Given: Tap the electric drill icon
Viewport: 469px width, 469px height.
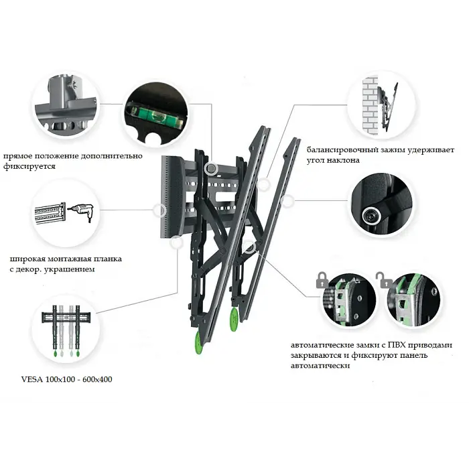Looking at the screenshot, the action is (81, 211).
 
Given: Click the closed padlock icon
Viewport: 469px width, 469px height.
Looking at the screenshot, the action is (322, 280).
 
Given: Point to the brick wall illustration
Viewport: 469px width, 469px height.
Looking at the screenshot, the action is (371, 106).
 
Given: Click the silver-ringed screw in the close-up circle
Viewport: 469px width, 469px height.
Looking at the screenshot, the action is (372, 216).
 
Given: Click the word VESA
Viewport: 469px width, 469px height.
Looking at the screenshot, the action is (31, 379).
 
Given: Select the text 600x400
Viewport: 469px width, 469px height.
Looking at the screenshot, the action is (97, 379).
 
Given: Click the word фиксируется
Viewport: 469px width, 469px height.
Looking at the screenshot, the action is (29, 167).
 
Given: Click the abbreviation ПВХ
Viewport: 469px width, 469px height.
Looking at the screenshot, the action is (397, 345).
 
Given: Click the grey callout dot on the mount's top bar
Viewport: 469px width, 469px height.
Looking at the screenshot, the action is (211, 168).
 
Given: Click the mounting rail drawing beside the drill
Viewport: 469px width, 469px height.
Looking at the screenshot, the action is (50, 212).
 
